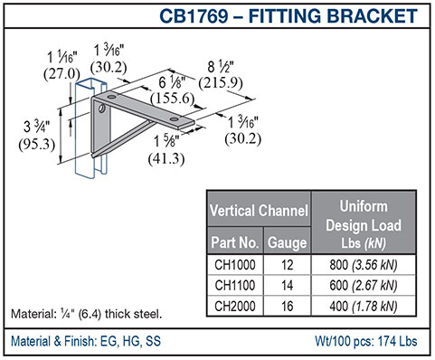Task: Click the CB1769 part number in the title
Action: (194, 15)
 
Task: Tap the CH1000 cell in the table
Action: (235, 265)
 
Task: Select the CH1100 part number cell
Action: (235, 285)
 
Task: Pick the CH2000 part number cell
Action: (235, 306)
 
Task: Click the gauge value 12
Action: (287, 265)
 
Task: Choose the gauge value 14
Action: (287, 285)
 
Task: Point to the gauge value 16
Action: (287, 306)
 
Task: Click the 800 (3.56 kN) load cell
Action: (364, 265)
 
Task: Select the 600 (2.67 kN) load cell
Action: (364, 285)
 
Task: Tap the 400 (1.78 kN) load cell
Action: (364, 306)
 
